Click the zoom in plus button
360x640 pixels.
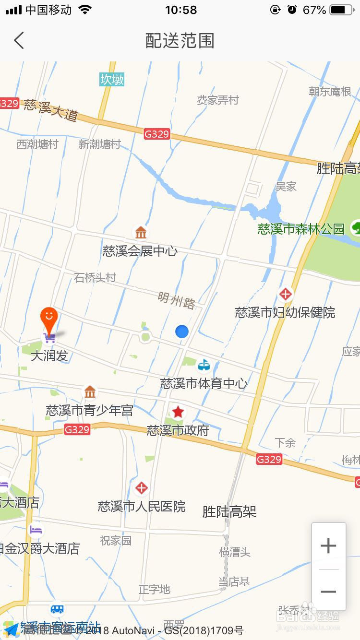pos(328,545)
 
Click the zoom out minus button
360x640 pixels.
pos(328,592)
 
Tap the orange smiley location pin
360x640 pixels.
pos(48,317)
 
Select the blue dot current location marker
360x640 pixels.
pos(181,331)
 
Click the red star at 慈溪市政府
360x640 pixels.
pos(178,412)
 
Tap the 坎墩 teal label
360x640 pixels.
pos(112,79)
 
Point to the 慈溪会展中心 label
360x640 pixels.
pos(140,251)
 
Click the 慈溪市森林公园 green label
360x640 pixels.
pos(301,229)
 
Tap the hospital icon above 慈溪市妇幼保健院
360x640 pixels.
pos(286,294)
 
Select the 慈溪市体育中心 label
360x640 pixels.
pos(204,383)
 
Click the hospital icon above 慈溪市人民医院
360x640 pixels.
pos(141,488)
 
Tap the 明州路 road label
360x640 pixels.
pos(177,300)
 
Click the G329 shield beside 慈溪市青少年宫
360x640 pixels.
pos(77,429)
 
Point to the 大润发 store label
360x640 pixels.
pos(49,356)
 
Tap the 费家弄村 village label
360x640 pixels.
pos(217,100)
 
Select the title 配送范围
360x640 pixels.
pos(180,41)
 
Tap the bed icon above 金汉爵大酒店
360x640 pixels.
pos(36,530)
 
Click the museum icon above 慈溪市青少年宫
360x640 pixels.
pos(90,392)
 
